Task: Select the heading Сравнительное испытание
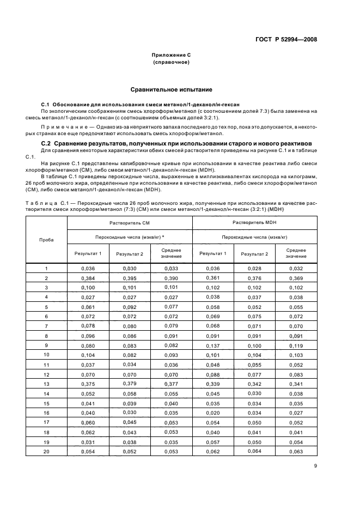(x=171, y=89)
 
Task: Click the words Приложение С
(x=171, y=56)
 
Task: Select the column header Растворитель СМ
(x=130, y=223)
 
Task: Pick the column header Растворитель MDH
(x=255, y=223)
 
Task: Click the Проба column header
(x=46, y=240)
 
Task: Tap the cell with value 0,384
(x=88, y=278)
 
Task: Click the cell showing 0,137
(x=213, y=345)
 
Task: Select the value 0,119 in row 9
(x=296, y=345)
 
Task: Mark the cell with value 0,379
(x=130, y=384)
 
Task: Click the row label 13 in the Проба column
(x=46, y=384)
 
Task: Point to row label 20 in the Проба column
(x=46, y=451)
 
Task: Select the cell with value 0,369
(x=296, y=278)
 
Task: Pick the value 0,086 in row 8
(x=130, y=336)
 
